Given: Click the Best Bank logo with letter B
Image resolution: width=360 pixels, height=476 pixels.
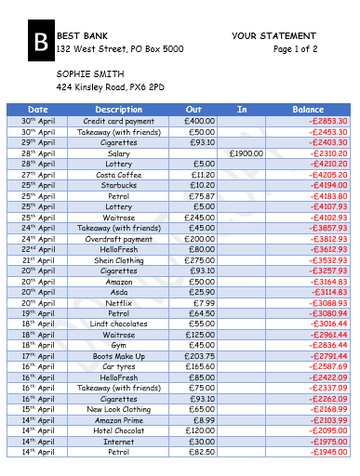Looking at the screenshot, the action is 40,42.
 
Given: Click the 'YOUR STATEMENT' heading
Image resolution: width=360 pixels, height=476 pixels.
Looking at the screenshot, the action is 274,35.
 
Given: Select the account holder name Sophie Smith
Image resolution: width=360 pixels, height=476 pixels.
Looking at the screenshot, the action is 90,73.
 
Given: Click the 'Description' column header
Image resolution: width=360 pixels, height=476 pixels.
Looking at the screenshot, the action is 119,110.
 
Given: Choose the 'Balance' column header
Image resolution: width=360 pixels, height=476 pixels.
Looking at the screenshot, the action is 308,110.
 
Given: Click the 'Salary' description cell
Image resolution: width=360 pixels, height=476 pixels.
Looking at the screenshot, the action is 119,152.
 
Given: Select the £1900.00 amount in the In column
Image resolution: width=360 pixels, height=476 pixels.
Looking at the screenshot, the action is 246,152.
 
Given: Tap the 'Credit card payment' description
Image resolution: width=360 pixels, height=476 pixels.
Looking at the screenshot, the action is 119,121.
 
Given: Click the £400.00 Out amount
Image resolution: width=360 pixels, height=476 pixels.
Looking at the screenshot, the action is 199,121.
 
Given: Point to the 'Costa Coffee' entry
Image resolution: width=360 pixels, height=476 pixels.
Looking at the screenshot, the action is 119,174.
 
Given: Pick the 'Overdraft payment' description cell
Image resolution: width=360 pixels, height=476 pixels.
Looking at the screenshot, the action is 119,238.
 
